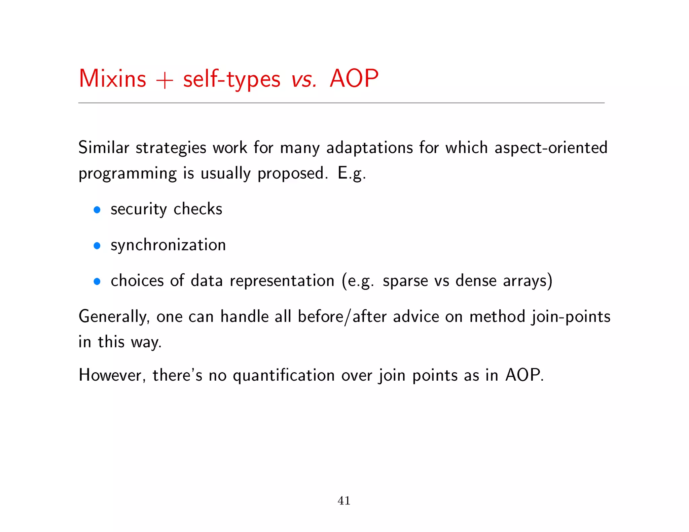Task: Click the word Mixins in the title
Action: [112, 79]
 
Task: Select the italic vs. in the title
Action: [304, 80]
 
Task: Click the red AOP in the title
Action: [354, 79]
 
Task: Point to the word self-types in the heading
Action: [231, 80]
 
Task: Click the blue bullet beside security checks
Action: [97, 210]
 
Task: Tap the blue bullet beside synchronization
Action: [97, 246]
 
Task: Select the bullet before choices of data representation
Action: [97, 281]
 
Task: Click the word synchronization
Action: [168, 245]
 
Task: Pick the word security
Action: [139, 210]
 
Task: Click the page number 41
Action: [344, 501]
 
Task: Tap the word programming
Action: [128, 174]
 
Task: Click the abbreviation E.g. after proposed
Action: [351, 174]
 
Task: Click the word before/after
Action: [342, 317]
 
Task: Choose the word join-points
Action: [571, 317]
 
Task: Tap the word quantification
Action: [284, 375]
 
